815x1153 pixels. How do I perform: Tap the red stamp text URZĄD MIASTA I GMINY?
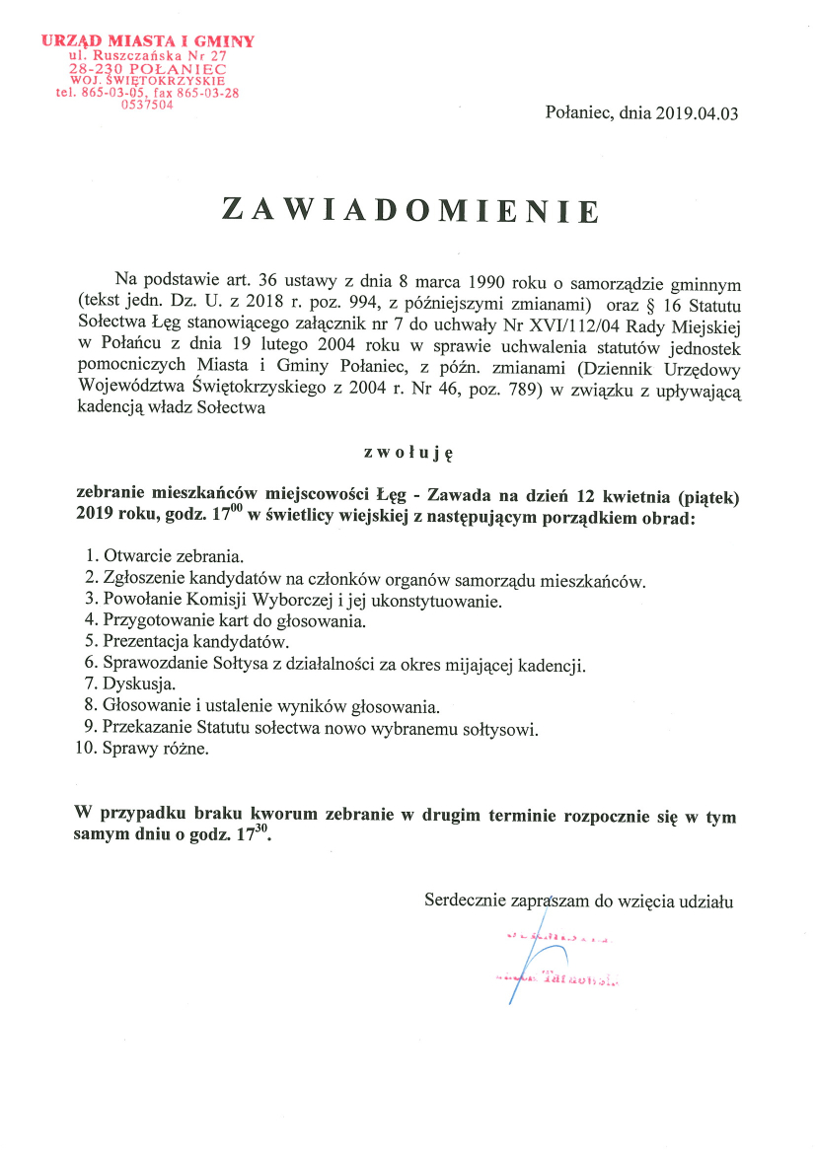coord(148,41)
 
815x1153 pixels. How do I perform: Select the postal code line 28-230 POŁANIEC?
coord(148,69)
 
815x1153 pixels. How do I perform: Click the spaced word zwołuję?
coord(407,453)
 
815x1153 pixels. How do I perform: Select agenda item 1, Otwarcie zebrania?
coord(164,558)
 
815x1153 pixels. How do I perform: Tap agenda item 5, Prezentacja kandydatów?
coord(176,642)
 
